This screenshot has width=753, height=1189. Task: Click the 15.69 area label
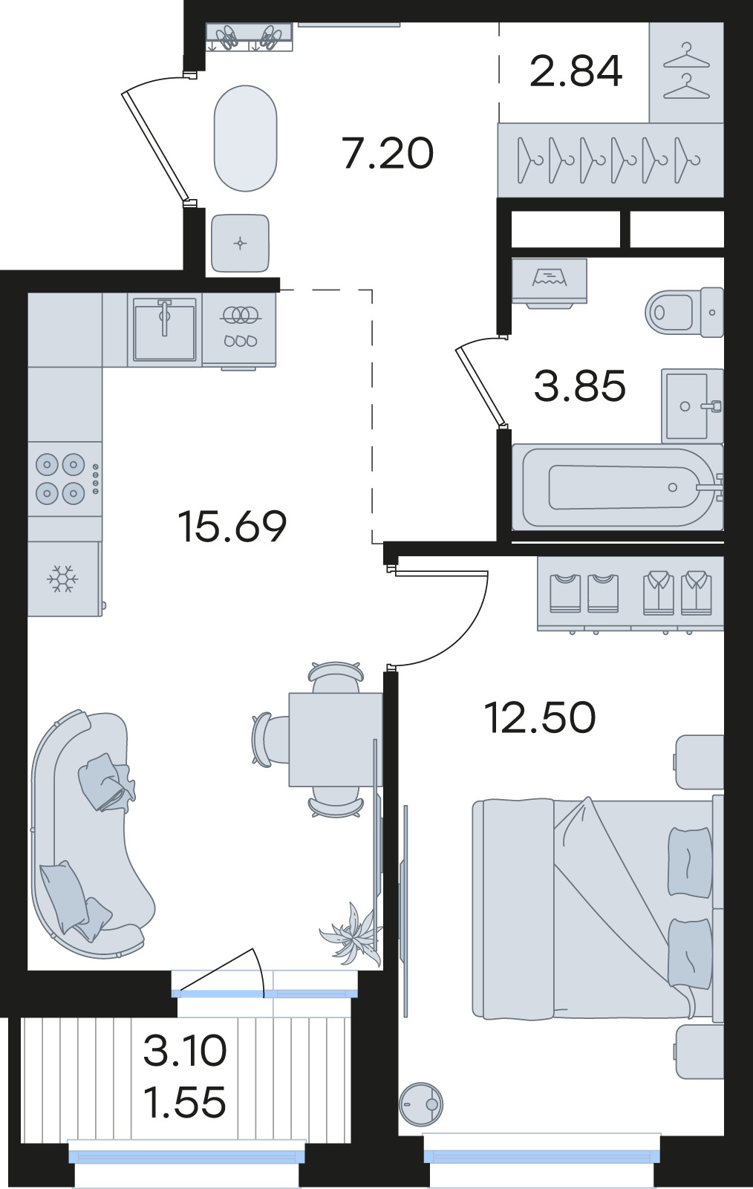(233, 526)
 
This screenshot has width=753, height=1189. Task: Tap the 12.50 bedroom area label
(540, 717)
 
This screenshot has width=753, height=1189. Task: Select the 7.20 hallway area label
(388, 154)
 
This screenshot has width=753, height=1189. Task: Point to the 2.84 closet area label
(576, 71)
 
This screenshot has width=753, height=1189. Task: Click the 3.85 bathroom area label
(580, 386)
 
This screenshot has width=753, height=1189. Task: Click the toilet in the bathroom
(685, 312)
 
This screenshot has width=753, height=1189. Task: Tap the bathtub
(618, 486)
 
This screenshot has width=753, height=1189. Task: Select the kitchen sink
(165, 329)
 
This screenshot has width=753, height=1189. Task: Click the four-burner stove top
(65, 479)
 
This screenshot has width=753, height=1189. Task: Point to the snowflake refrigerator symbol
(62, 579)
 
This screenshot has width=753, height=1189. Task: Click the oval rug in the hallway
(246, 139)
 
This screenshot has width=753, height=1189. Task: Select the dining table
(336, 740)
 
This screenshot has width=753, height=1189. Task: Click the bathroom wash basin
(692, 406)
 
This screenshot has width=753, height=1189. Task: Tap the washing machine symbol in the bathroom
(550, 281)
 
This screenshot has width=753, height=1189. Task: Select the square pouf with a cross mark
(241, 244)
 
